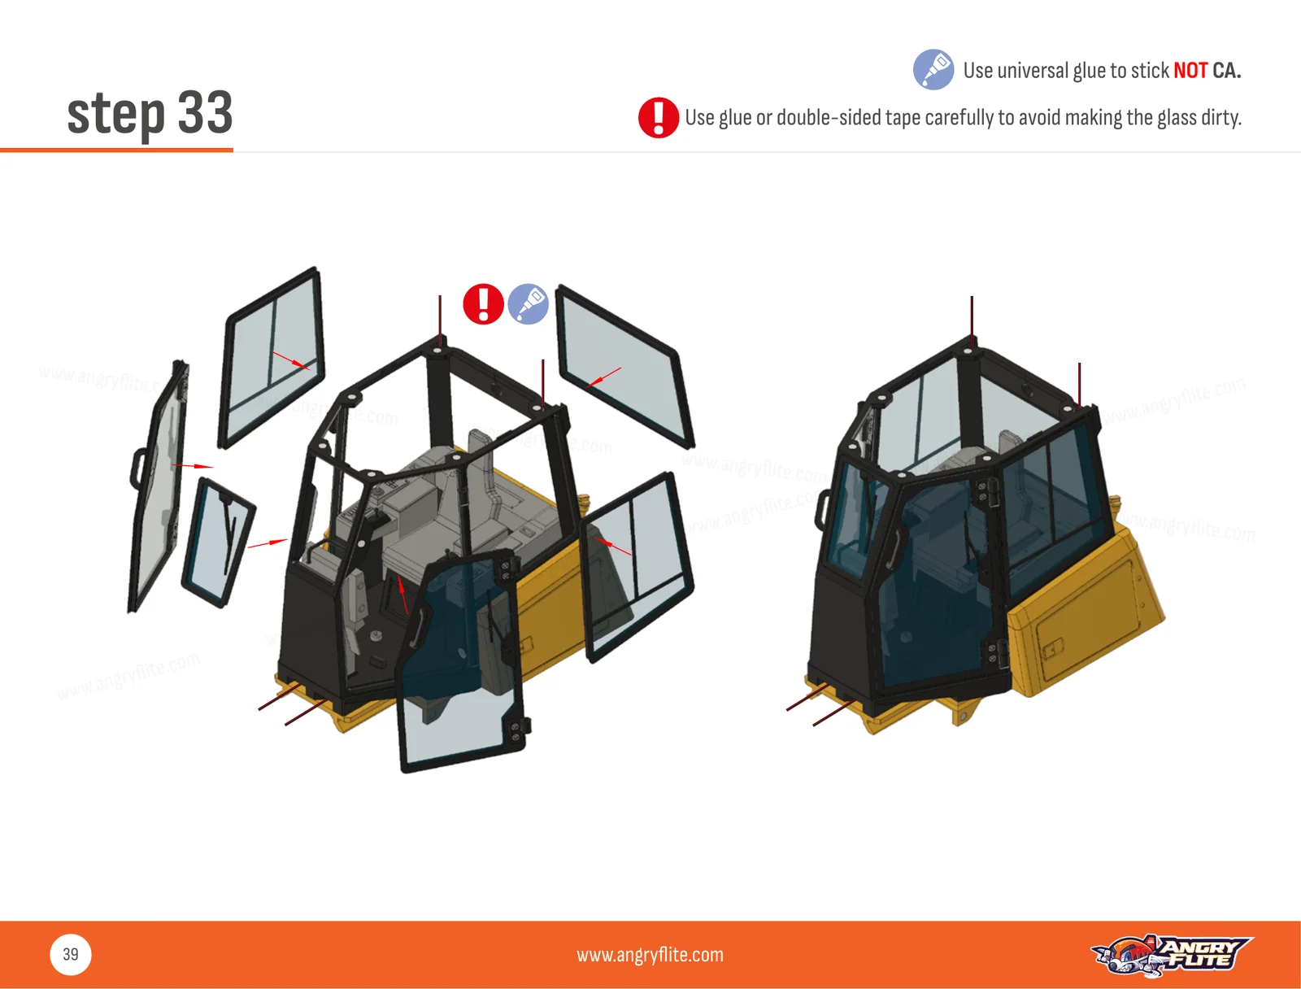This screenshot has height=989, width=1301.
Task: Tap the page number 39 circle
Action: click(71, 955)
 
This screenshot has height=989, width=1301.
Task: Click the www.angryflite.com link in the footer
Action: click(650, 955)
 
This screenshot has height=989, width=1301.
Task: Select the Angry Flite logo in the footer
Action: click(1171, 955)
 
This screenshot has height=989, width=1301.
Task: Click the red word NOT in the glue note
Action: click(1190, 71)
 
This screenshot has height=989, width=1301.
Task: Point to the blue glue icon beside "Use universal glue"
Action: click(933, 69)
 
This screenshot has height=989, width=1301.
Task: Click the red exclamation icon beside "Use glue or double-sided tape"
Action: click(658, 117)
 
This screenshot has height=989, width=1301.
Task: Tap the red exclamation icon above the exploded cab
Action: click(483, 304)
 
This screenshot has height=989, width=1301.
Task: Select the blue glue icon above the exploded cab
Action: click(528, 304)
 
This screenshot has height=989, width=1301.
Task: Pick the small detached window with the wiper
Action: click(218, 542)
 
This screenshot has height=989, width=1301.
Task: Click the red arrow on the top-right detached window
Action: click(603, 377)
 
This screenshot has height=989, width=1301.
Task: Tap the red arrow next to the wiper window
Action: click(268, 542)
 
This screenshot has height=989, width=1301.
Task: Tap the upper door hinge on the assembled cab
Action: click(986, 494)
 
